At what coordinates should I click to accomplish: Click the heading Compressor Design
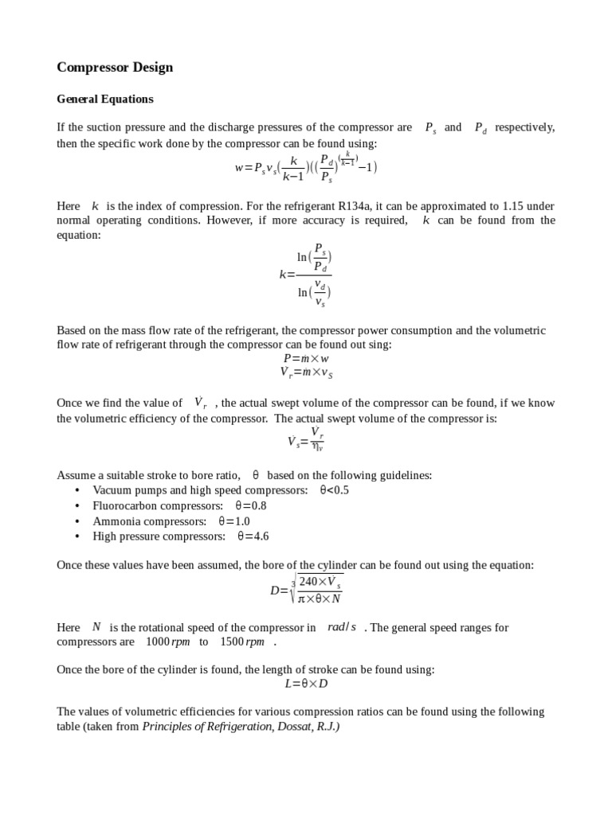115,68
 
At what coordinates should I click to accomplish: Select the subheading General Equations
104,99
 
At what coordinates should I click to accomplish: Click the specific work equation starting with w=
305,167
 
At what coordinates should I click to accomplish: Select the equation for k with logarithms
306,275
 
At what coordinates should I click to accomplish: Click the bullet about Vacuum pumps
200,490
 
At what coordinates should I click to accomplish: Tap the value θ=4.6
253,536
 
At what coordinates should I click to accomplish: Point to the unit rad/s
342,627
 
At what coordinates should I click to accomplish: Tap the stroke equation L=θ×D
306,684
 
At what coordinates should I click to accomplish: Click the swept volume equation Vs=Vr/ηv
306,439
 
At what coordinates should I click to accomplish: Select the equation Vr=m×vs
306,372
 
